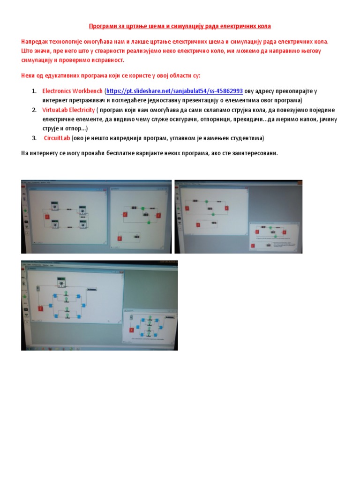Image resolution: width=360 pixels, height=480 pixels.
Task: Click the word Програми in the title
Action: coord(103,27)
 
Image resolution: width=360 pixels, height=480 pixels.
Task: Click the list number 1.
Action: coord(34,91)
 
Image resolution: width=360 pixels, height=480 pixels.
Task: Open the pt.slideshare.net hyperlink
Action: coord(174,91)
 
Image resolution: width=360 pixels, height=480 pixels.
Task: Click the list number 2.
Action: coord(34,110)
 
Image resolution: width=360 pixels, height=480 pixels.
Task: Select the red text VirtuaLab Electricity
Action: coord(68,110)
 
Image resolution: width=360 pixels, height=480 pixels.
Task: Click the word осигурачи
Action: coord(184,120)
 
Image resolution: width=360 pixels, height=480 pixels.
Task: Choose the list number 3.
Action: coord(34,138)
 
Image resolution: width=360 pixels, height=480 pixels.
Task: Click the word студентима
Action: coord(247,138)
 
